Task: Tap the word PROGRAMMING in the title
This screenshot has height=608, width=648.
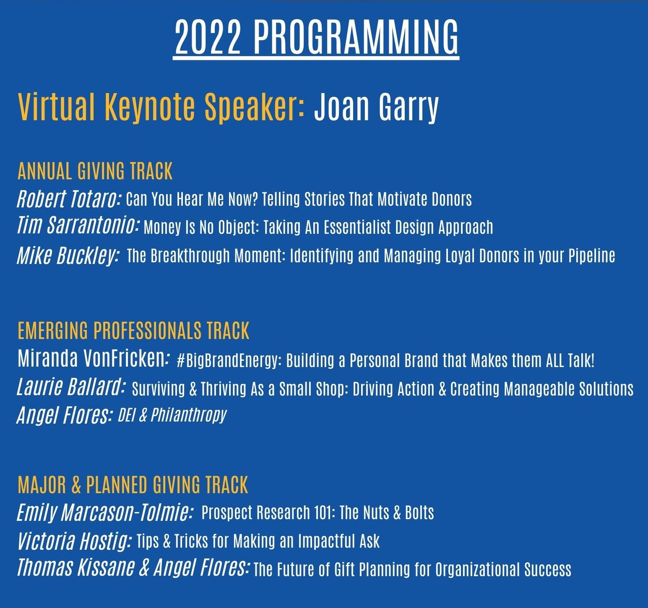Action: coord(356,37)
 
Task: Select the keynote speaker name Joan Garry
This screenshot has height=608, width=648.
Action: coord(376,107)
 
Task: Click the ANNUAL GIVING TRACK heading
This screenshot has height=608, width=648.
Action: coord(95,171)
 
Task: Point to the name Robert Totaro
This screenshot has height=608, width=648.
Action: coord(69,199)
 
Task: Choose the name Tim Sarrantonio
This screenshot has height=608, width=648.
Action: coord(78,225)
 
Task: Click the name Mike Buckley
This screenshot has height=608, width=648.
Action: coord(67,255)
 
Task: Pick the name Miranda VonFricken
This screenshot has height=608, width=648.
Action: coord(92,359)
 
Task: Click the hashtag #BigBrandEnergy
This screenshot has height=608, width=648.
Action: coord(229,361)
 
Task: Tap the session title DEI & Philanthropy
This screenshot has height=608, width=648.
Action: coord(172,415)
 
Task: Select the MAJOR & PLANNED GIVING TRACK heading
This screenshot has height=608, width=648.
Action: coord(133,484)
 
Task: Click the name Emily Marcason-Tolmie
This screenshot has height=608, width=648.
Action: coord(104,512)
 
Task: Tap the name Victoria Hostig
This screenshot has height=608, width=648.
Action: coord(73,541)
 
